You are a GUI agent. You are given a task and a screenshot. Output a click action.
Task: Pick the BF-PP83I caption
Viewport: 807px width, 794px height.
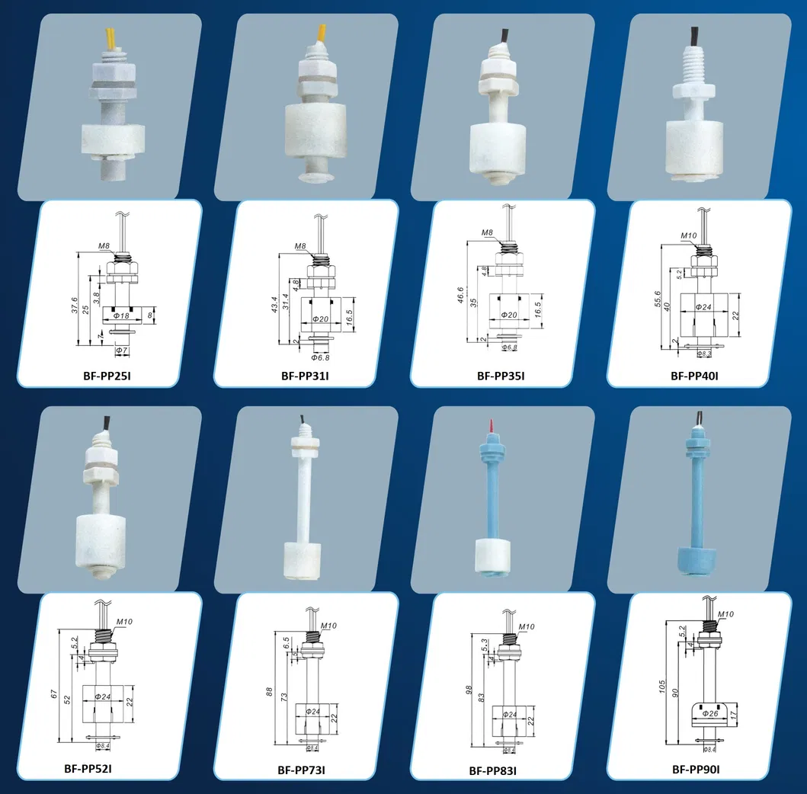[492, 771]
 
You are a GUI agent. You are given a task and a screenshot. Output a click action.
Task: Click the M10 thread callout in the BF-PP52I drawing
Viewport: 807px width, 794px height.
[123, 623]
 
